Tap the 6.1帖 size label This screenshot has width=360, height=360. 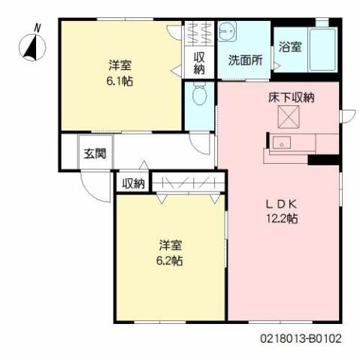click(x=119, y=80)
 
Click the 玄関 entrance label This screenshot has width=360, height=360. click(x=95, y=154)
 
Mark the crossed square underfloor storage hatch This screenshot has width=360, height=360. click(x=289, y=117)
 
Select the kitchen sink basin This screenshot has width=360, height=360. click(x=284, y=143)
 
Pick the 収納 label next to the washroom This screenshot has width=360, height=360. click(x=200, y=63)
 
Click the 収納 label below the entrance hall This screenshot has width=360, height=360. click(x=133, y=183)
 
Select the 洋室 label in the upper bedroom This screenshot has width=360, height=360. click(x=119, y=65)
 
